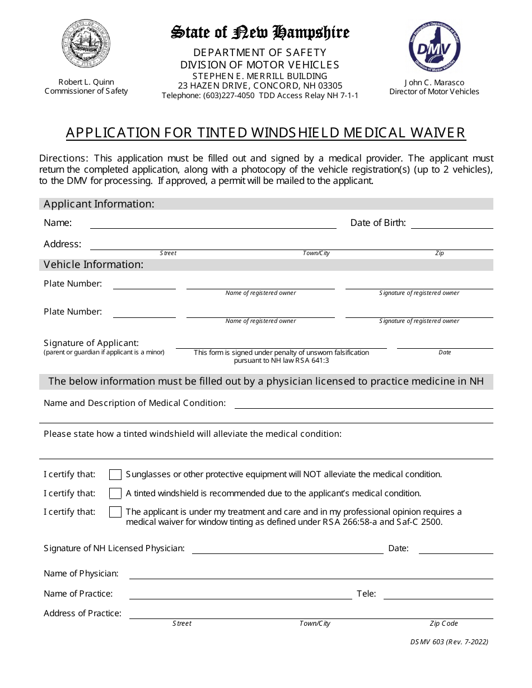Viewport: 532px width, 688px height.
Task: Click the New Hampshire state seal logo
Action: coord(86,44)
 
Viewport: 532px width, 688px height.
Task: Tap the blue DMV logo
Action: coord(435,47)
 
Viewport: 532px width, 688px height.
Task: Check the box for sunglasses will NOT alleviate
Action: coord(115,475)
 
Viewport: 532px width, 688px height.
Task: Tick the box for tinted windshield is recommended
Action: coord(115,493)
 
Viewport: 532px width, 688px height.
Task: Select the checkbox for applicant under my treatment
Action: coord(115,512)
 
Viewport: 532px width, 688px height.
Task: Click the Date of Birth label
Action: coord(378,223)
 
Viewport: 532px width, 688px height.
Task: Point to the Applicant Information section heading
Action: coord(99,204)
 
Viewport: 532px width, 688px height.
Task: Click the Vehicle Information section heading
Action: coord(94,265)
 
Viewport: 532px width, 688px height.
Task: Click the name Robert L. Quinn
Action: coord(86,82)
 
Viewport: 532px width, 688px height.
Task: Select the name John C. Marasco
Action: coord(434,82)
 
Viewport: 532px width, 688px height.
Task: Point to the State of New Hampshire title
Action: coord(260,33)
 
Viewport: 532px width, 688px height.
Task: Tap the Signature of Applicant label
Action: coord(91,343)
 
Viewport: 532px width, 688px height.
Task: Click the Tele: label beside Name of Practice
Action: coord(366,593)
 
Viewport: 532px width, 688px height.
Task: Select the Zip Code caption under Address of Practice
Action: coord(444,624)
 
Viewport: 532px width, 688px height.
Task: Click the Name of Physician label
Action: coord(81,574)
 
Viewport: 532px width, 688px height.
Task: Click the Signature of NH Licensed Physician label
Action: coord(114,548)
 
